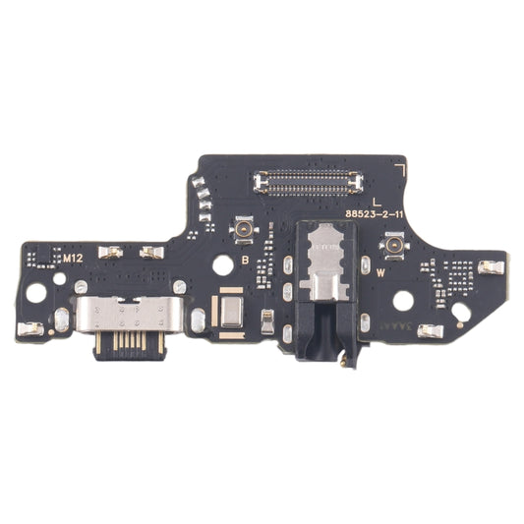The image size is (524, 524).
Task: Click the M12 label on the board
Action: click(73, 259)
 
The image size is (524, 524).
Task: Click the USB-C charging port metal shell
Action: click(133, 320)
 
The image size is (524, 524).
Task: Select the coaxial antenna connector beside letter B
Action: click(238, 231)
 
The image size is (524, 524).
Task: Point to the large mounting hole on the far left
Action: click(35, 291)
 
